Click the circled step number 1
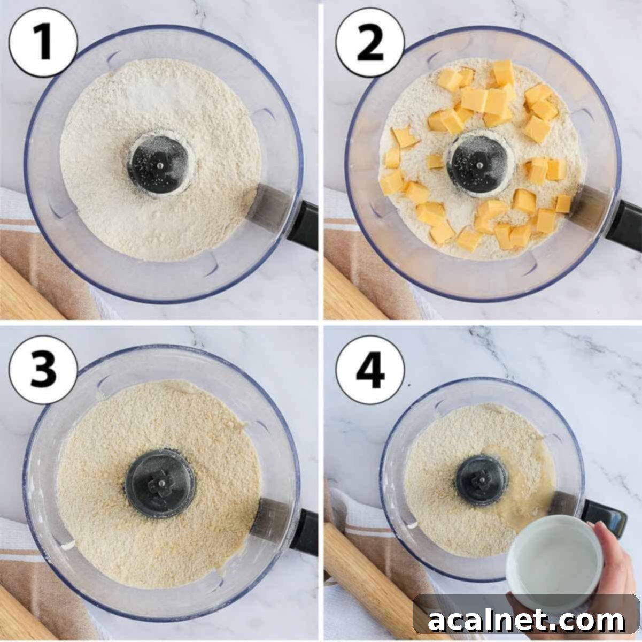tap(43, 42)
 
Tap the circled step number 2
tap(370, 42)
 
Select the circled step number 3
tap(43, 370)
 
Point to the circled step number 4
tap(370, 370)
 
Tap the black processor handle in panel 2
tap(625, 225)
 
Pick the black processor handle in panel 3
tap(305, 532)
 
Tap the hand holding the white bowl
tap(620, 562)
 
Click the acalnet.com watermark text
tap(526, 621)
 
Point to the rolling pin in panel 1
tap(27, 289)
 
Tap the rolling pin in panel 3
tap(21, 615)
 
